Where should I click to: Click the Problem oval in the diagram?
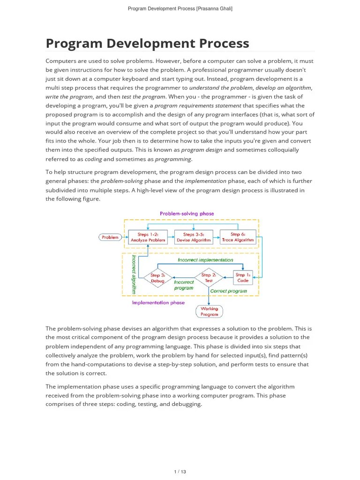coord(110,237)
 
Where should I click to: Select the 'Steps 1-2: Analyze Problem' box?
coord(148,237)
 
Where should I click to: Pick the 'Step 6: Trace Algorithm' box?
coord(238,237)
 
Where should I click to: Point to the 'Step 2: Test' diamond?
coord(209,278)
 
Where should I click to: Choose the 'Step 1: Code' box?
coord(243,277)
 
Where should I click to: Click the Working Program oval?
coord(209,312)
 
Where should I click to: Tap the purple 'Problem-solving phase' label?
coord(187,213)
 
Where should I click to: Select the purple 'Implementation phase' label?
coord(158,303)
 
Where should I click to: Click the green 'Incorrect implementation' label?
coord(205,260)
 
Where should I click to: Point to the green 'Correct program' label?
coord(228,291)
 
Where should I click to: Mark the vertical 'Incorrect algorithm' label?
coord(134,274)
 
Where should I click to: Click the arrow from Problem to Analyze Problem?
coord(125,237)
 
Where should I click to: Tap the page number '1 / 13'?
coord(180,472)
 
